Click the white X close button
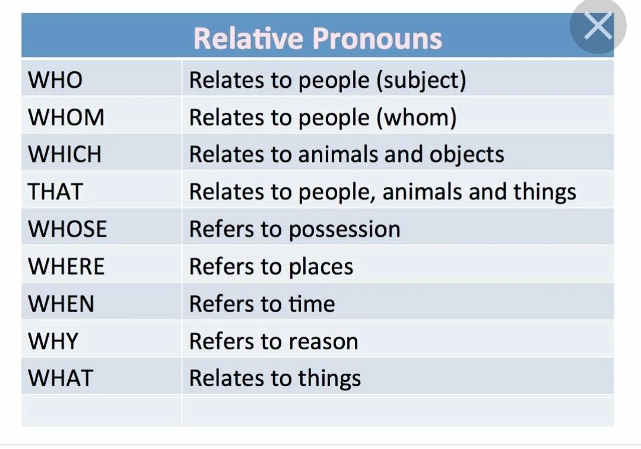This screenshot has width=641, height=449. [x=598, y=26]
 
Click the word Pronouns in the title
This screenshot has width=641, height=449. [x=377, y=39]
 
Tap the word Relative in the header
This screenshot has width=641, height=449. [x=248, y=39]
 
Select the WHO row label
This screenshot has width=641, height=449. [x=55, y=79]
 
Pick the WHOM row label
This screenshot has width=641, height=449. [x=66, y=117]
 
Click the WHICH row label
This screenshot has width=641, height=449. [x=65, y=154]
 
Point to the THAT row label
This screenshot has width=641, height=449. [x=56, y=192]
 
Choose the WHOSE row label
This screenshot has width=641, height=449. [x=68, y=229]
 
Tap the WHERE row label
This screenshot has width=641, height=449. [x=66, y=266]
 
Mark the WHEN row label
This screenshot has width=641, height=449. [x=61, y=304]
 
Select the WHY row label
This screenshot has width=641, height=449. [x=53, y=341]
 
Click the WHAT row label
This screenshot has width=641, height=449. [x=61, y=378]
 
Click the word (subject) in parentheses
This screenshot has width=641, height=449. [x=421, y=81]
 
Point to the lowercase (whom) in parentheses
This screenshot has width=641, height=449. [x=416, y=118]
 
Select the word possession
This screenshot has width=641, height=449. [x=345, y=230]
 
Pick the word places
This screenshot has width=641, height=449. [x=321, y=268]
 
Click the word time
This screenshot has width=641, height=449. [x=312, y=304]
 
